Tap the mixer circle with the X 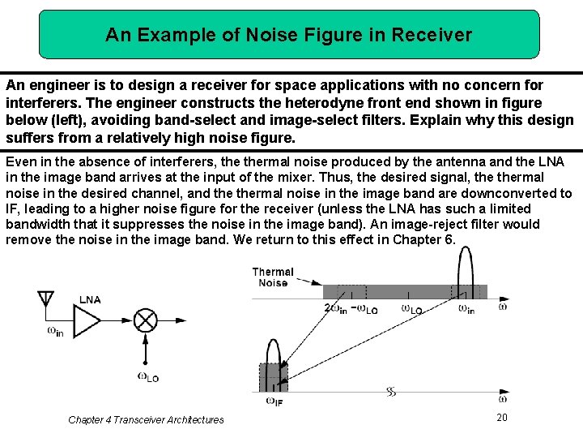point(145,321)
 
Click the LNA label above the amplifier point(90,299)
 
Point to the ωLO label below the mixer point(147,377)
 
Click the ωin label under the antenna point(55,330)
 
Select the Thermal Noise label point(273,277)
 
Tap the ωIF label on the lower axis point(273,401)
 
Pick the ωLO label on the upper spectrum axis point(412,308)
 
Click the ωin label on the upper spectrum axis point(466,308)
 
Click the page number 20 point(501,416)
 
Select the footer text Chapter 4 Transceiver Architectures point(146,419)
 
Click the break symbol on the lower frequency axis point(391,392)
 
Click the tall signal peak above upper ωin point(466,264)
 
